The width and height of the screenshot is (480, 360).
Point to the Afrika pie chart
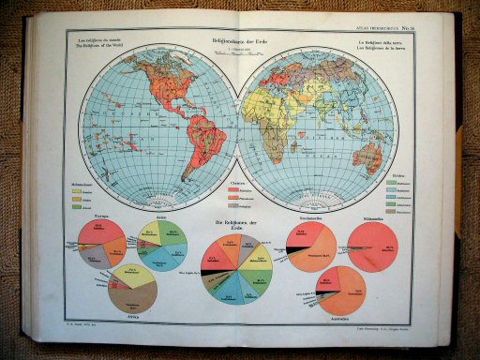pos(132,293)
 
